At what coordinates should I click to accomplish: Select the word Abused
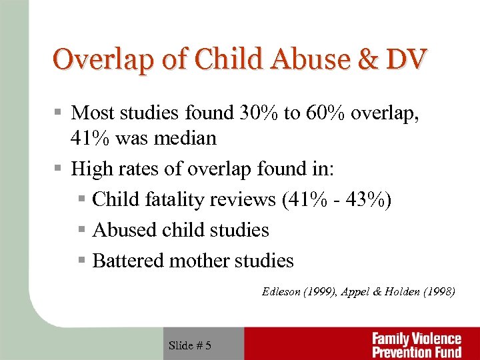pyautogui.click(x=122, y=230)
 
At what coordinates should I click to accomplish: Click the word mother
pyautogui.click(x=199, y=261)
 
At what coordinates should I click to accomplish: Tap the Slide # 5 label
pyautogui.click(x=190, y=345)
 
